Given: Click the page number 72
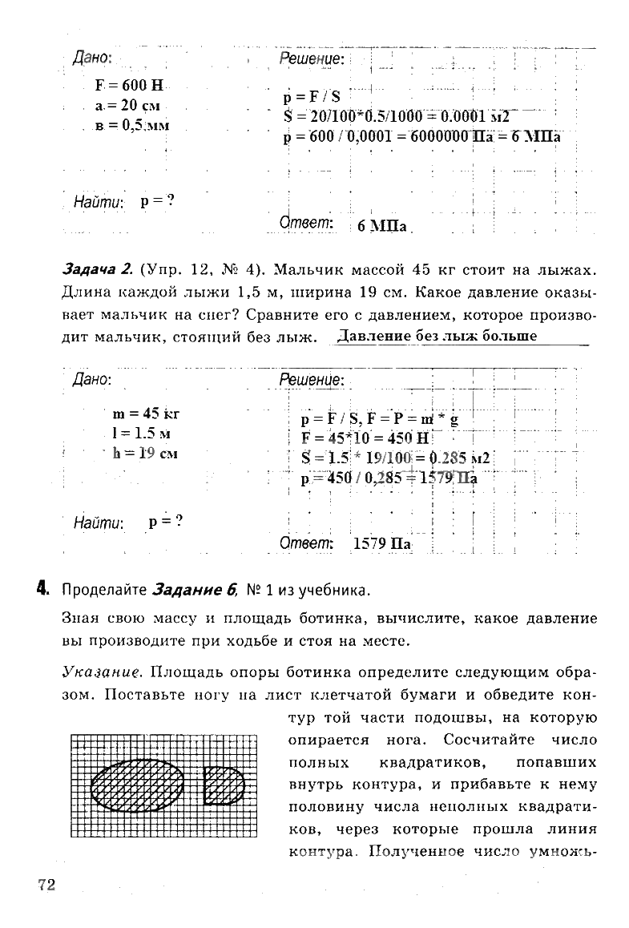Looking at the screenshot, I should pyautogui.click(x=46, y=884).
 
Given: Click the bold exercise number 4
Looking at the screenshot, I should pyautogui.click(x=42, y=591).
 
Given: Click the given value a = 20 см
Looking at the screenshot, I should pyautogui.click(x=127, y=106).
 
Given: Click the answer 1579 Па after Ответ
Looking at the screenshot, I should pyautogui.click(x=381, y=544).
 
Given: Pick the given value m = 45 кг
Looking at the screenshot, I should pyautogui.click(x=146, y=414).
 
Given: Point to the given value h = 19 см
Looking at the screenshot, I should pyautogui.click(x=144, y=453).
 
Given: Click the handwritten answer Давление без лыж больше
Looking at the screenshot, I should pyautogui.click(x=437, y=336).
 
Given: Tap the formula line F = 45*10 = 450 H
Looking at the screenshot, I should pyautogui.click(x=365, y=438).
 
